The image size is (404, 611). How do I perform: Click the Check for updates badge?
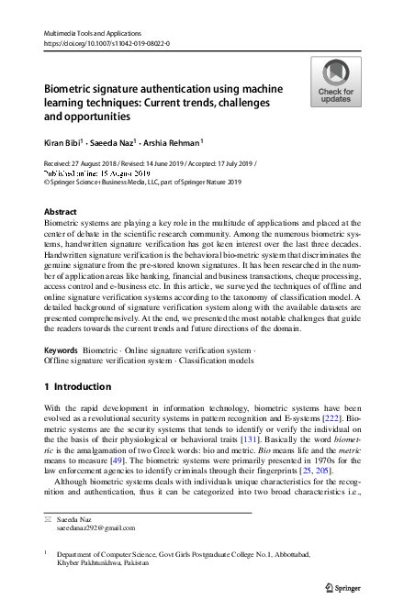pyautogui.click(x=335, y=82)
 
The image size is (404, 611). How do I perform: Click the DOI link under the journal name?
pyautogui.click(x=107, y=43)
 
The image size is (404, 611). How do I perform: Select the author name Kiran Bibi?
pyautogui.click(x=62, y=143)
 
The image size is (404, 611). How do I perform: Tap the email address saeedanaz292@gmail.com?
pyautogui.click(x=96, y=528)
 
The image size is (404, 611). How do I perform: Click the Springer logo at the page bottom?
pyautogui.click(x=347, y=585)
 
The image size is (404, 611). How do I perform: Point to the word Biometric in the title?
pyautogui.click(x=75, y=90)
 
